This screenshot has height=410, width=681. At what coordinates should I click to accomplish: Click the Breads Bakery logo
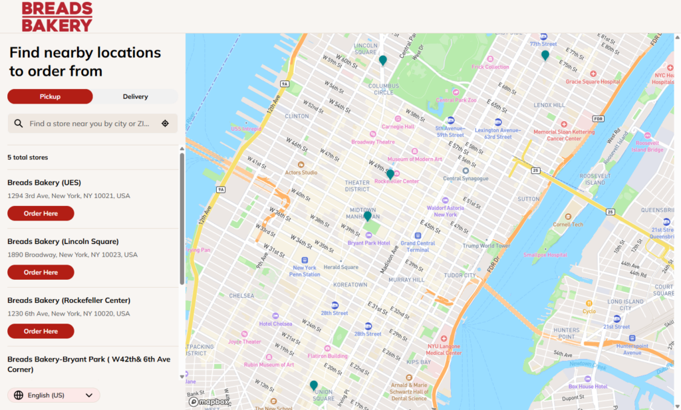(x=57, y=17)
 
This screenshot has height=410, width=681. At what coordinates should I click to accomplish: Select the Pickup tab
(x=50, y=96)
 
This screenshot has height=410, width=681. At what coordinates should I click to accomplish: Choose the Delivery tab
(x=135, y=96)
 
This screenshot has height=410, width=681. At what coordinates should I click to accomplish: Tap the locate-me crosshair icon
(x=165, y=124)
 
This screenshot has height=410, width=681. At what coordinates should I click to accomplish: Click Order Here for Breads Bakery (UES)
(x=41, y=213)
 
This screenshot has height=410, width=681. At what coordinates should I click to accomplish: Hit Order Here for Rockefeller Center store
(x=41, y=331)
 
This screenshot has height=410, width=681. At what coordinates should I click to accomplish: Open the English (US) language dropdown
(x=54, y=395)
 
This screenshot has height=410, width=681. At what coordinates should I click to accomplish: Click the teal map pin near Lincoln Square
(x=383, y=60)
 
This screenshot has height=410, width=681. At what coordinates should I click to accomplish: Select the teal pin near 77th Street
(x=545, y=55)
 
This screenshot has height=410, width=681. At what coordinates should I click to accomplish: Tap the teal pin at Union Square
(x=314, y=385)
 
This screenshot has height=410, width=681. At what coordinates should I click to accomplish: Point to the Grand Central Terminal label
(x=418, y=246)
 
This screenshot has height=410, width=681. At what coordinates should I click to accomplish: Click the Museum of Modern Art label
(x=415, y=159)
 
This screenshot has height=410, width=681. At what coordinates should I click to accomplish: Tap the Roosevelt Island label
(x=595, y=179)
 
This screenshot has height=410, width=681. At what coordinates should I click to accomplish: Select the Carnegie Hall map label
(x=398, y=126)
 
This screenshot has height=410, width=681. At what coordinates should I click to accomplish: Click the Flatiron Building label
(x=328, y=356)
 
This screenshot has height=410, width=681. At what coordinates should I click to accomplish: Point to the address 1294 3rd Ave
(x=68, y=196)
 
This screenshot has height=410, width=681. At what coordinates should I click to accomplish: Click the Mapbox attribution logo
(x=209, y=401)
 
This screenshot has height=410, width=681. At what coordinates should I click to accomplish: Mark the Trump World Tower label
(x=486, y=246)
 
